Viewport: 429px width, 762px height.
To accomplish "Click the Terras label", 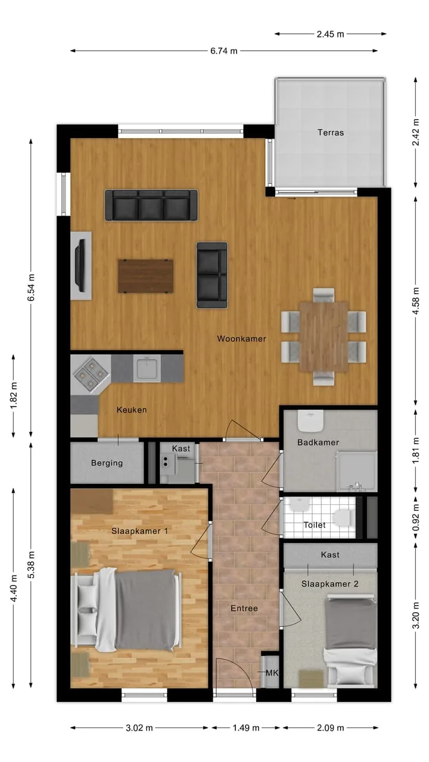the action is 331,133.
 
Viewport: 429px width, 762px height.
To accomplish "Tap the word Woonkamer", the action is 242,339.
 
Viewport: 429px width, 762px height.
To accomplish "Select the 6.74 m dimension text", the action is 223,51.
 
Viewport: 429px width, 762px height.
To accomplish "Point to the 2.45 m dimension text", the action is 330,34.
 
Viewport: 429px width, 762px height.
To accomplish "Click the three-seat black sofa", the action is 151,205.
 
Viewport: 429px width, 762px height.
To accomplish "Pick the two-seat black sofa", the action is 212,275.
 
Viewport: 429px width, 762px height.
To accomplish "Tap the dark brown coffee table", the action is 146,276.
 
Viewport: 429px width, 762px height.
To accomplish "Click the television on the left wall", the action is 80,266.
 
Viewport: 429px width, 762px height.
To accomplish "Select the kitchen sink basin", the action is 147,368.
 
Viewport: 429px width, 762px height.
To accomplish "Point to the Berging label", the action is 107,463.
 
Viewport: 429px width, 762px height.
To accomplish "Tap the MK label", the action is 272,673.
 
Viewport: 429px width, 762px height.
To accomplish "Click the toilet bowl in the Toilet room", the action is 342,517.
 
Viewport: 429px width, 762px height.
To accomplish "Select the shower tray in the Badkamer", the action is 357,471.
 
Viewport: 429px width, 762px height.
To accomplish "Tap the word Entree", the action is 244,608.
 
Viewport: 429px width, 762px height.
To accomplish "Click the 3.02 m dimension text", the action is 139,728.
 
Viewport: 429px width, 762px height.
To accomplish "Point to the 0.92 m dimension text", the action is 416,517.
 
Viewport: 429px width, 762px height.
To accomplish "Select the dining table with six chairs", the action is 324,337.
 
